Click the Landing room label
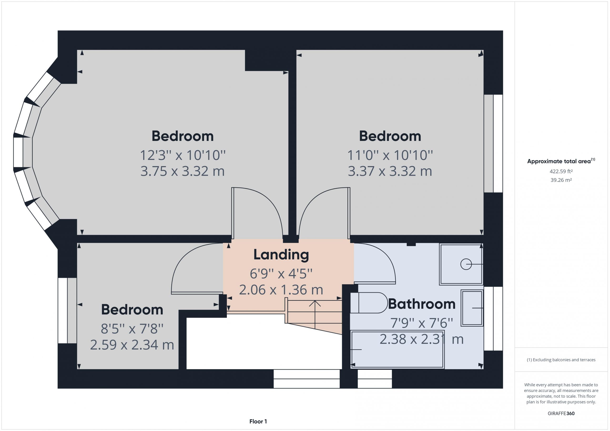281,255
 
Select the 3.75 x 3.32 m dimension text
183,171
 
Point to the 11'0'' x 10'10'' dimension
390,155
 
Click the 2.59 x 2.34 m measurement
132,345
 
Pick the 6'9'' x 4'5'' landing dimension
281,274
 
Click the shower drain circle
466,264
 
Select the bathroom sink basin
472,308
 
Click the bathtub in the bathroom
397,349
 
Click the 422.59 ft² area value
561,171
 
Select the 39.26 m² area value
561,180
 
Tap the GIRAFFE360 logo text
561,413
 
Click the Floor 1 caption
258,421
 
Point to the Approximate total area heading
561,161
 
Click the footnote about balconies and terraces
561,360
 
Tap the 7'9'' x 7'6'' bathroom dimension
422,323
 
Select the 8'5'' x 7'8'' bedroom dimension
132,329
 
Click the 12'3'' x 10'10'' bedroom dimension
183,155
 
